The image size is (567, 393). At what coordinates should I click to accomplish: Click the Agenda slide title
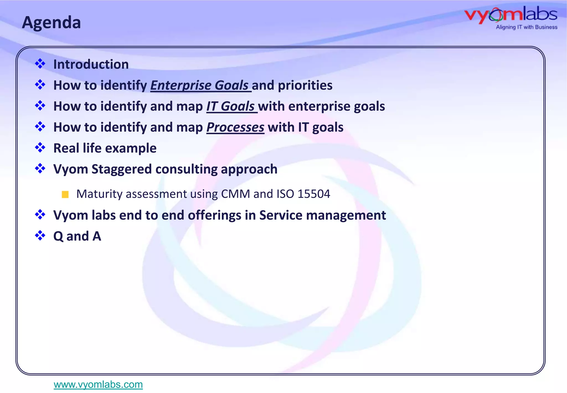pos(51,22)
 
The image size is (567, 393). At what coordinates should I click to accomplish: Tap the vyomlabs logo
pos(511,15)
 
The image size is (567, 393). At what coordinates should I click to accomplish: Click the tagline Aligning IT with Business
pos(526,27)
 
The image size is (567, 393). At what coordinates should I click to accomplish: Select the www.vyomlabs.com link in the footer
pos(98,384)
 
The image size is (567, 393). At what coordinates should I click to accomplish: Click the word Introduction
pos(91,64)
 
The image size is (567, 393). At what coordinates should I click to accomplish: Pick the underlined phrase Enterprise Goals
pos(200,85)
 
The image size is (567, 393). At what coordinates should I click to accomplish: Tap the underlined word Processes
pos(235,127)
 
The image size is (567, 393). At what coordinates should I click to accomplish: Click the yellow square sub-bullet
pos(65,194)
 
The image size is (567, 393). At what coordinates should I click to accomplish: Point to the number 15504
pos(314,194)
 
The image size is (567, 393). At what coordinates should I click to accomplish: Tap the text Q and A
pos(77,236)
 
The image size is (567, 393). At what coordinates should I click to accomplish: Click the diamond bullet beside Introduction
pos(40,64)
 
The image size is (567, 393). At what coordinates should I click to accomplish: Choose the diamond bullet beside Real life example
pos(40,147)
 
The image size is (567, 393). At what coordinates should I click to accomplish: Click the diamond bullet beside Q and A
pos(40,236)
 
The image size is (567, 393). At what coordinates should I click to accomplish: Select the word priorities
pos(305,85)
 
